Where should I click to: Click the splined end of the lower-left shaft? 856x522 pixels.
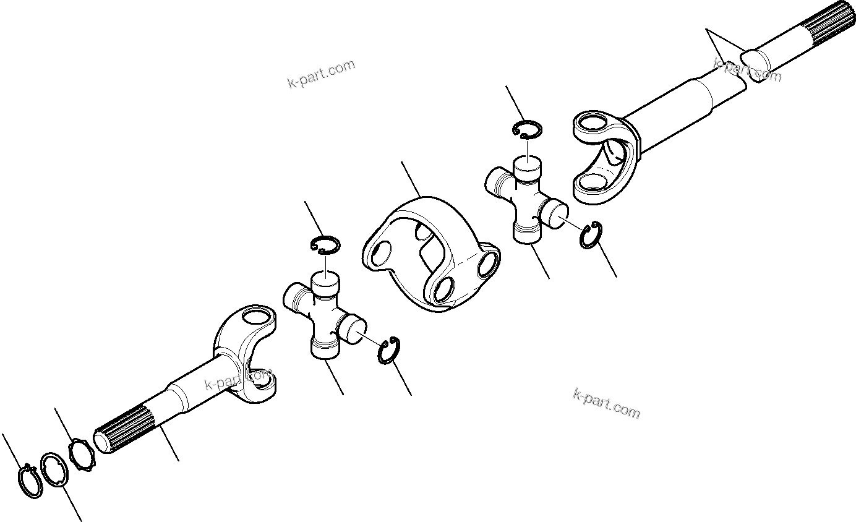point(123,430)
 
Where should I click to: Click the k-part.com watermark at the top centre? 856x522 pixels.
point(322,74)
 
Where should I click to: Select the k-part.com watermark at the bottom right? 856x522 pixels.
point(606,403)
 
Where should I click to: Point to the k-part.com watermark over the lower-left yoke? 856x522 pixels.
point(239,379)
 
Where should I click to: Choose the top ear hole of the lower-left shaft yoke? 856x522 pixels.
point(255,317)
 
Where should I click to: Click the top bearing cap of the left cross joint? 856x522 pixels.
point(325,282)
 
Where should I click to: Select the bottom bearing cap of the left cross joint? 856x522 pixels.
point(325,348)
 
